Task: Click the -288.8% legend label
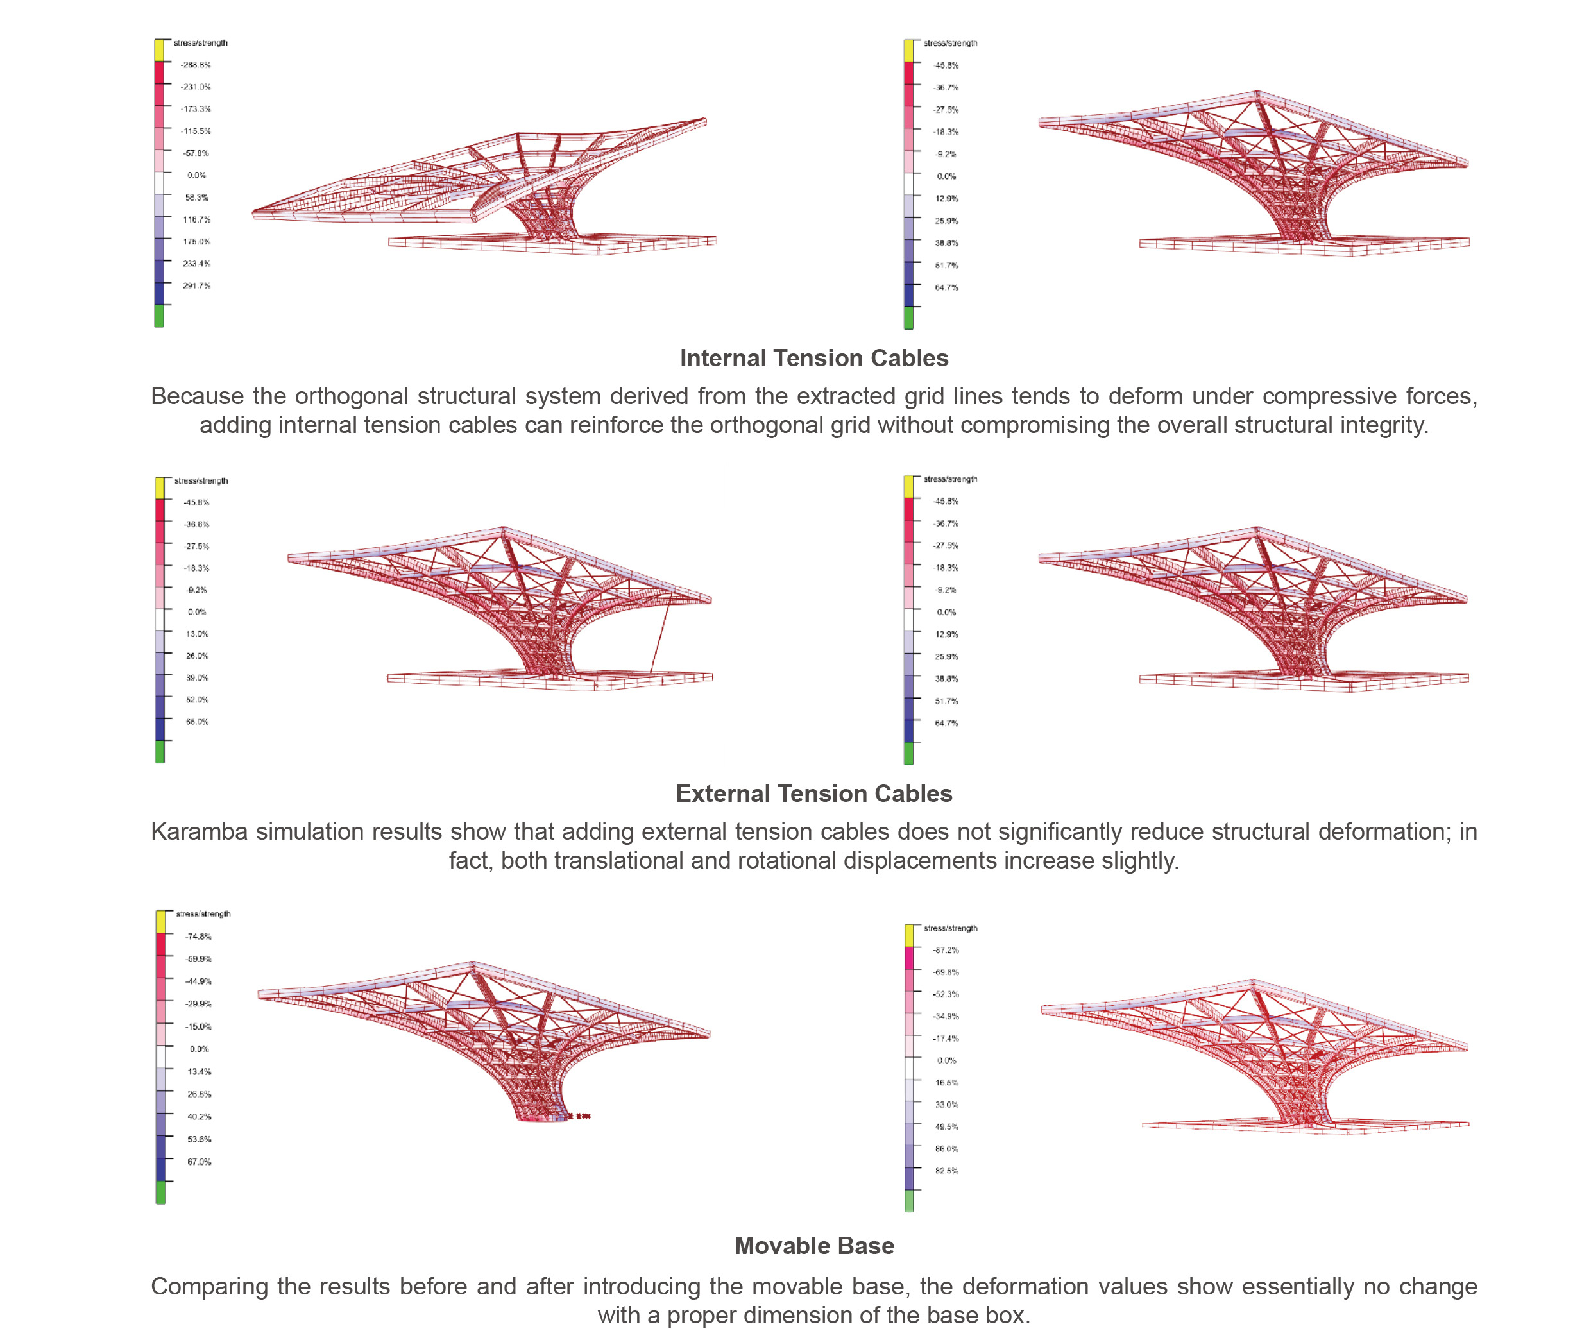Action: (195, 65)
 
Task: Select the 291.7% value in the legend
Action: (196, 286)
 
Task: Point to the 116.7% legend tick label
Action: (196, 219)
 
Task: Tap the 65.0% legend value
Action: (197, 722)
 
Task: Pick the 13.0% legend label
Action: (197, 634)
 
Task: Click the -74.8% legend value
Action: (198, 937)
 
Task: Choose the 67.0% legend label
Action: (199, 1162)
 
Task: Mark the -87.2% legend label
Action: (946, 950)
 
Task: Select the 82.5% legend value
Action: (946, 1171)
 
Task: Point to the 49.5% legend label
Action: (946, 1126)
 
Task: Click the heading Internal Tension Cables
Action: (813, 358)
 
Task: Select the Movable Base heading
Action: (813, 1246)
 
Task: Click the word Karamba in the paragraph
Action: (199, 832)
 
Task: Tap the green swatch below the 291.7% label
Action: (159, 316)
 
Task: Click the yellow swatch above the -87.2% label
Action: (908, 935)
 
